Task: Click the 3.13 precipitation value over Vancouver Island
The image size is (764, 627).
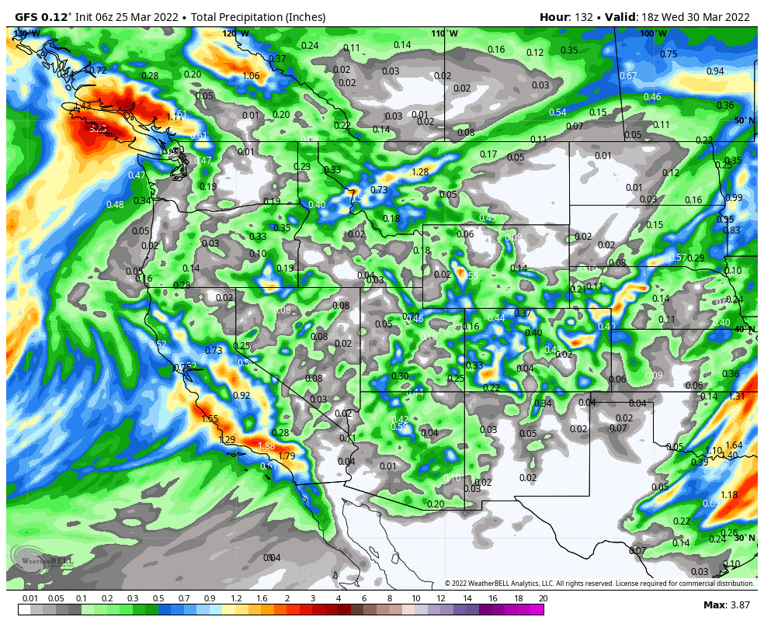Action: (97, 129)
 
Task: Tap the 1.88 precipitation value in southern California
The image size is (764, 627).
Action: (266, 446)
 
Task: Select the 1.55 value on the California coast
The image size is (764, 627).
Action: (210, 419)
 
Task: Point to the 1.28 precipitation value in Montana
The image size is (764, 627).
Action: (420, 172)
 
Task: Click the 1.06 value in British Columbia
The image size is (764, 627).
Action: (251, 76)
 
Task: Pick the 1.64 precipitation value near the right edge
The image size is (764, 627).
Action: (734, 445)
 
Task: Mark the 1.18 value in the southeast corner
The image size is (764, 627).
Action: (729, 495)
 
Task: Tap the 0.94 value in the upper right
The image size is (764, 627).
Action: (715, 71)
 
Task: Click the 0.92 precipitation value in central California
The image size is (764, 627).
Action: (241, 396)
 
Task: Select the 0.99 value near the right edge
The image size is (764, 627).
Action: (734, 198)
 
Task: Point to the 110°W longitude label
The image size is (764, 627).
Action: (444, 33)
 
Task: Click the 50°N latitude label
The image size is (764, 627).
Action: (745, 120)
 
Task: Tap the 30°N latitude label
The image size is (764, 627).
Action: (745, 538)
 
